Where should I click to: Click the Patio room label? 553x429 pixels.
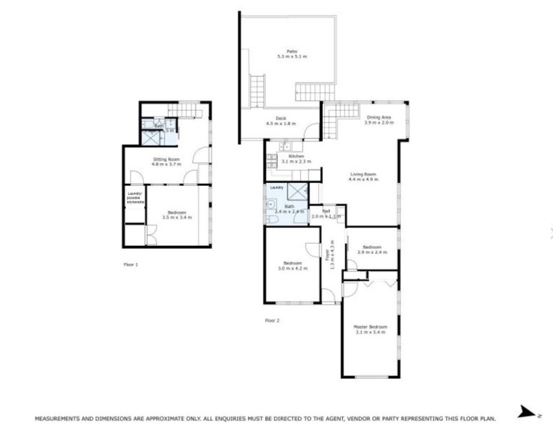pos(287,51)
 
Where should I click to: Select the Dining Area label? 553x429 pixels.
pos(379,117)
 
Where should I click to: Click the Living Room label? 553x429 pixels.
pos(363,173)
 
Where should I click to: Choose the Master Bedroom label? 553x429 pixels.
pos(369,327)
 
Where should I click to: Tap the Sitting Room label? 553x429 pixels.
pos(165,159)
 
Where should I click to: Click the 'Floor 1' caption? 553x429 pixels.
pos(131,265)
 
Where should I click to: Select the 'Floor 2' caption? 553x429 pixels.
pos(272,320)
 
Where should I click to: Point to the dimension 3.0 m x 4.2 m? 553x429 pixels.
pos(293,268)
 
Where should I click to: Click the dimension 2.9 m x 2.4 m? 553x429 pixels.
pos(372,252)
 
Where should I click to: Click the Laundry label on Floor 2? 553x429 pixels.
pos(276,188)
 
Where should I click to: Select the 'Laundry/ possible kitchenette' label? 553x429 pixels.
pos(135,197)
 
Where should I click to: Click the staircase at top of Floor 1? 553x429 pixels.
pos(188,109)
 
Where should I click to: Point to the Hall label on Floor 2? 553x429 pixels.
pos(325,212)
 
